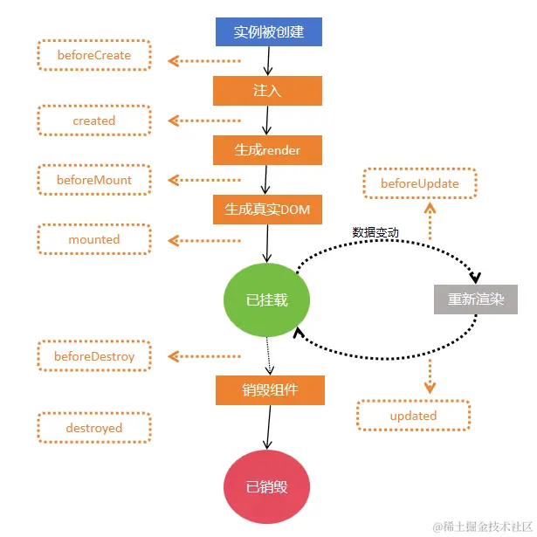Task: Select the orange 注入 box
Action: tap(267, 91)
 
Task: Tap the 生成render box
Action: tap(267, 150)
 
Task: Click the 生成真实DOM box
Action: tap(267, 210)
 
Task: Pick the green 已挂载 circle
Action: tap(266, 299)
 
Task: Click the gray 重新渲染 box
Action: tap(476, 299)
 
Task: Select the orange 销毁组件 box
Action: tap(270, 390)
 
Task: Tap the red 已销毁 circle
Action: tap(266, 486)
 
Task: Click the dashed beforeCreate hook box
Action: tap(94, 55)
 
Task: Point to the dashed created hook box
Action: tap(94, 120)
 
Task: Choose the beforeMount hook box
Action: tap(94, 180)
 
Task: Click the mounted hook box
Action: tap(94, 239)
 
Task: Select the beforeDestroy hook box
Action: tap(94, 356)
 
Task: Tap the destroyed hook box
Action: tap(94, 428)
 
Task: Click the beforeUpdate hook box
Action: tap(419, 184)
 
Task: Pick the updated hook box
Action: tap(413, 416)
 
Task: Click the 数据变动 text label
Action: tap(375, 232)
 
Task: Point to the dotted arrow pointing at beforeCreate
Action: tap(204, 61)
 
